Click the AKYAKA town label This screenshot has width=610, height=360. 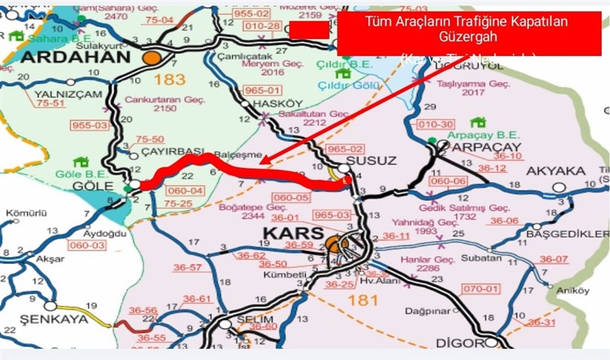(x=556, y=171)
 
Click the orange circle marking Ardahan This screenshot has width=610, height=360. (x=152, y=57)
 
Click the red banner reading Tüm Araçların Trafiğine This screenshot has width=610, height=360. (x=469, y=33)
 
